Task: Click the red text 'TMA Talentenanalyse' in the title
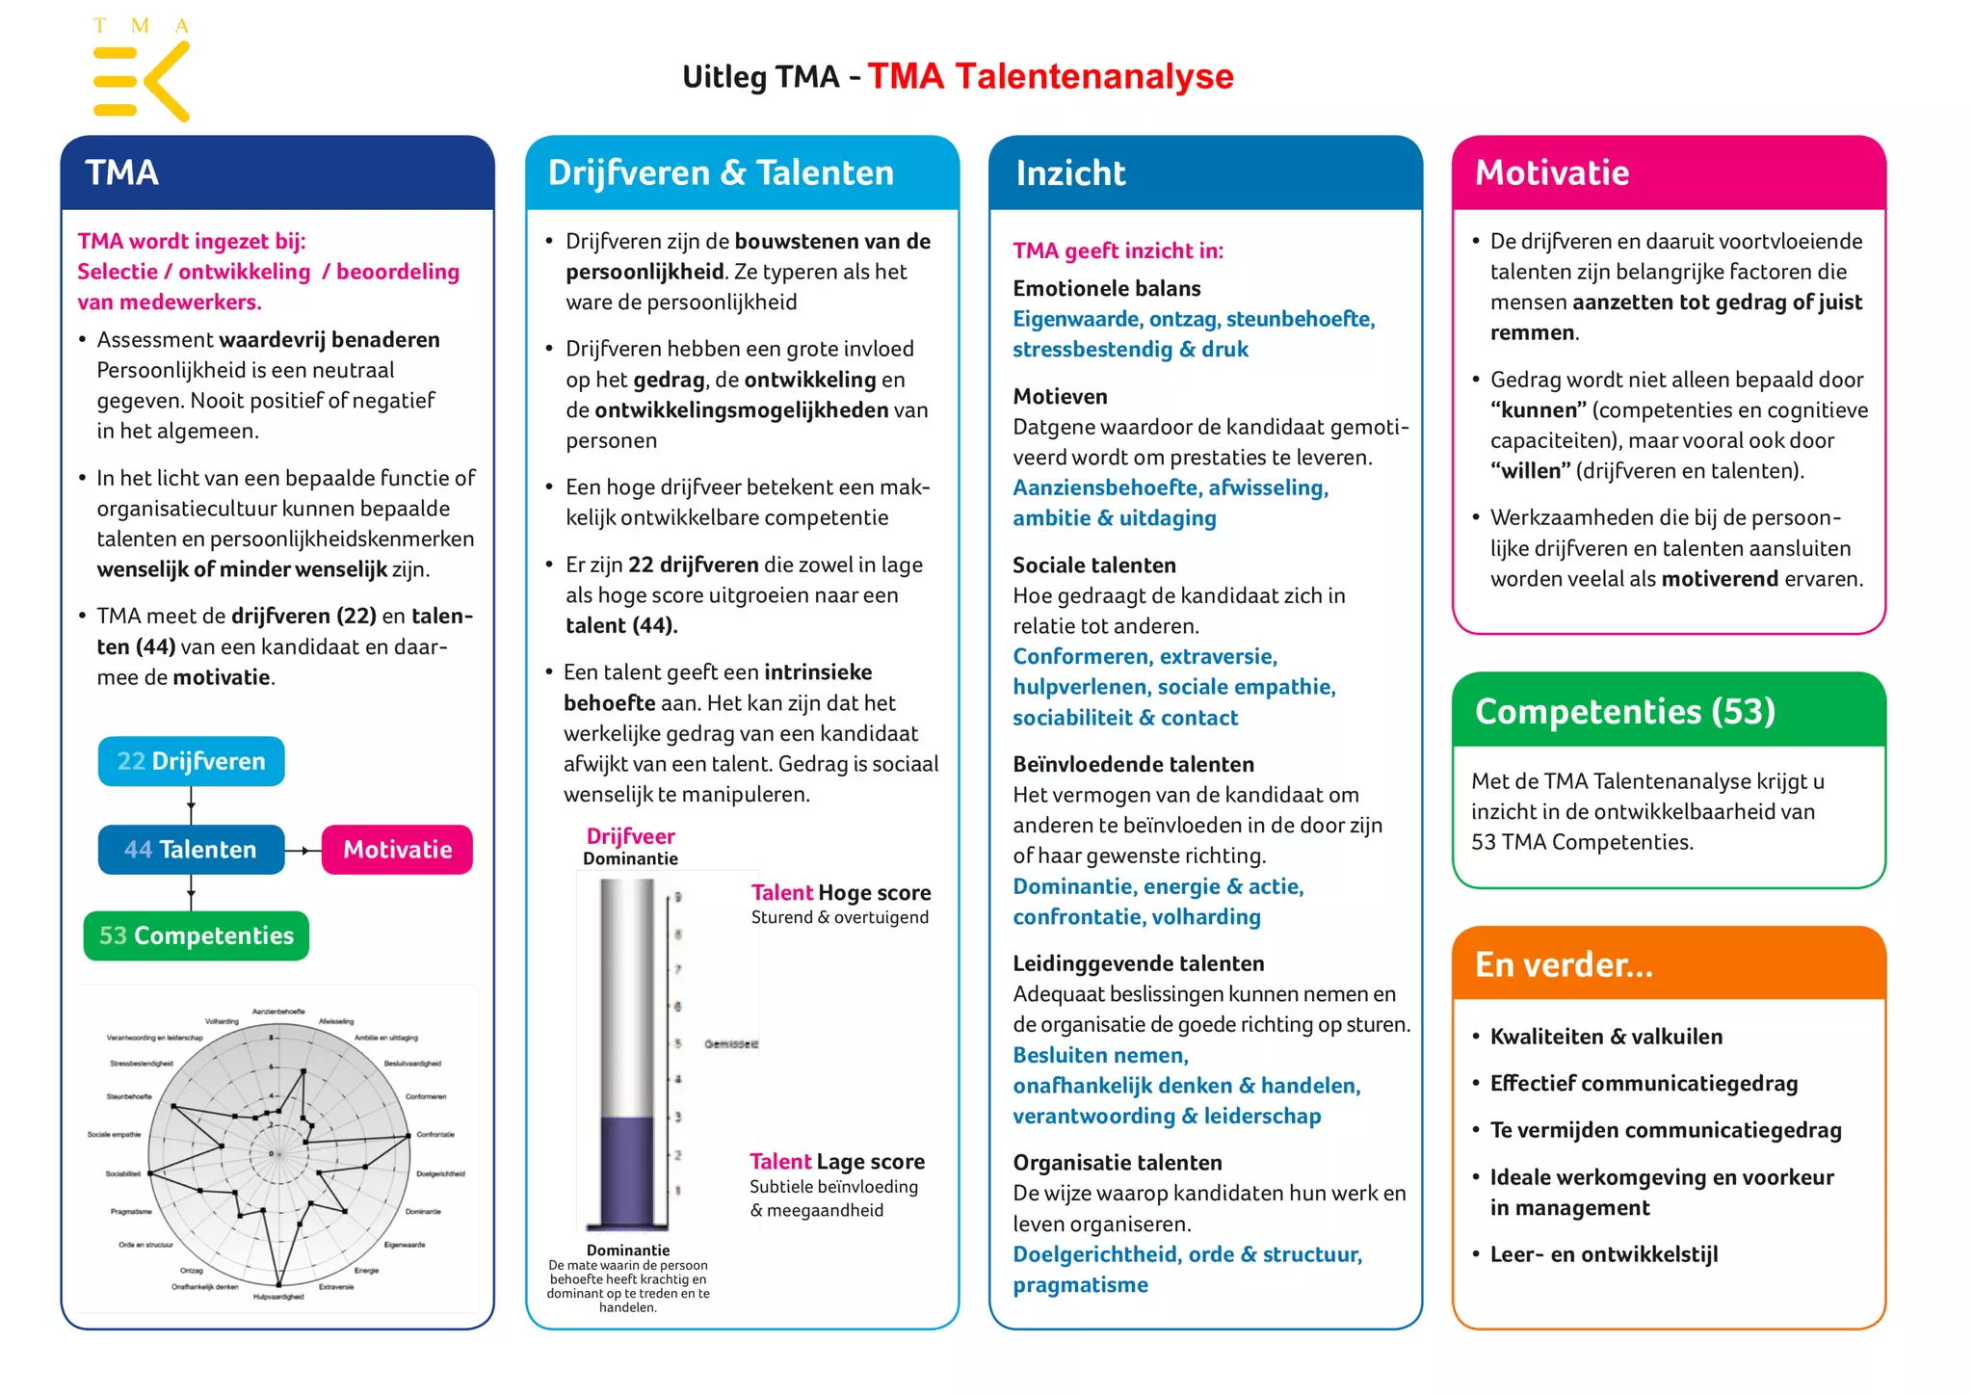point(1050,76)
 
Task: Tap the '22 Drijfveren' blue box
point(191,761)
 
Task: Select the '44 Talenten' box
point(191,850)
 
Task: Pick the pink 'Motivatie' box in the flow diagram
point(397,850)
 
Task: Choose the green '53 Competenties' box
point(197,935)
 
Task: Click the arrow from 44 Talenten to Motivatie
point(303,851)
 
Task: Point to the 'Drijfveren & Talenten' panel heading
point(721,173)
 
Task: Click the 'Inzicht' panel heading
point(1070,173)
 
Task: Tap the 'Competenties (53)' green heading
point(1624,711)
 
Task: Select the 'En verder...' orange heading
point(1564,964)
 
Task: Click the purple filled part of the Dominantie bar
point(627,1171)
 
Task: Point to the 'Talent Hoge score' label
point(841,893)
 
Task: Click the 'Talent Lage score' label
point(837,1162)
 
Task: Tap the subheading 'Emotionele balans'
point(1106,288)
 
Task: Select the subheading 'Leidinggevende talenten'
point(1138,963)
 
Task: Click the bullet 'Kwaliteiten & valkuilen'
point(1606,1037)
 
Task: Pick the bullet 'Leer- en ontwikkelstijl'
point(1604,1254)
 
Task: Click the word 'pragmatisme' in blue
point(1080,1285)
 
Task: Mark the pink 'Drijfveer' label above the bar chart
point(630,836)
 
